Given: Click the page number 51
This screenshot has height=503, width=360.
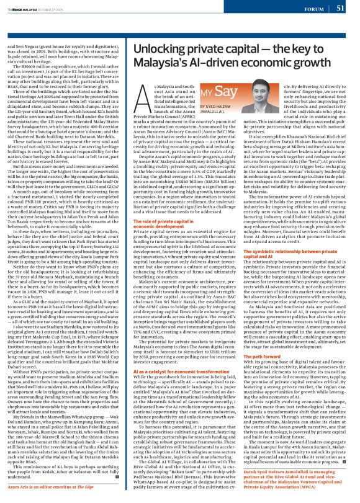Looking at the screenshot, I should click(340, 8).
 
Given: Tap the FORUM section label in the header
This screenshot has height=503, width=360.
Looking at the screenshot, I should click(313, 9).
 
